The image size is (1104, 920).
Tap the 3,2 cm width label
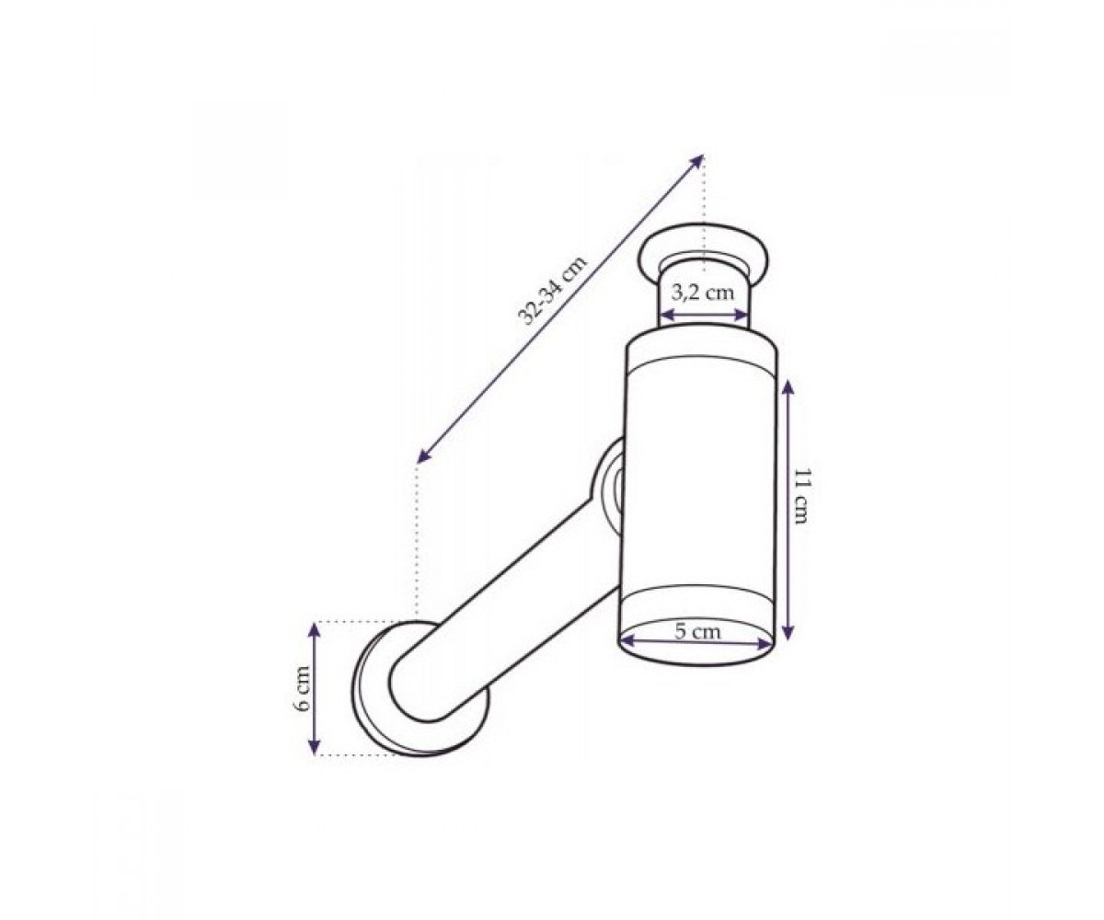(x=703, y=292)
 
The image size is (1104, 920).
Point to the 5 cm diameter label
(x=697, y=631)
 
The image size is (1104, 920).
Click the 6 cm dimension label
(x=302, y=696)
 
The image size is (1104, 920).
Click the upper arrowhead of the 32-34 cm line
(x=697, y=161)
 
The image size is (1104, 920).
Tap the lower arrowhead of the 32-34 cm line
(x=423, y=455)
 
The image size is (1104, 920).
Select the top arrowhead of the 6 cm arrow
(x=315, y=629)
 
